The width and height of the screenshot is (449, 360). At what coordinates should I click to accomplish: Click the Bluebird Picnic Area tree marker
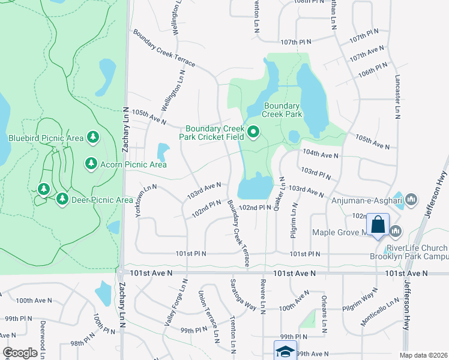(x=93, y=138)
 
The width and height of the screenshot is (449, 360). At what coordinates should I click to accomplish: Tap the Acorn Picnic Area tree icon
(x=91, y=163)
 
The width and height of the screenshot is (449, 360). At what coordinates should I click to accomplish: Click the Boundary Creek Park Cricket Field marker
(x=253, y=133)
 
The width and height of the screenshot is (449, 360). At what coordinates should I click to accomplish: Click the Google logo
(x=20, y=353)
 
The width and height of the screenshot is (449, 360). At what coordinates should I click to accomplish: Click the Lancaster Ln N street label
(x=397, y=97)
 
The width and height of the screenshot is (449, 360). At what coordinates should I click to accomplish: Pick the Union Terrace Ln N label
(x=208, y=317)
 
